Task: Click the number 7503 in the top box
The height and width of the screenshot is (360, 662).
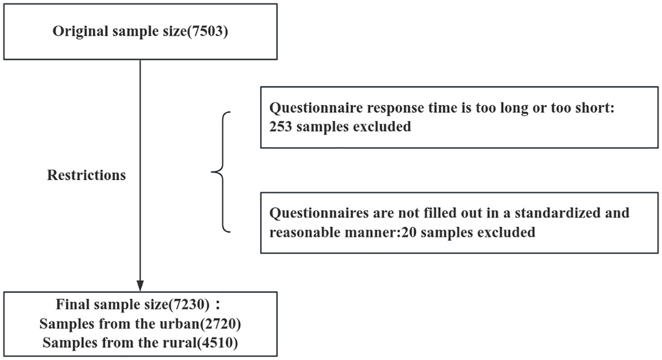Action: pyautogui.click(x=206, y=32)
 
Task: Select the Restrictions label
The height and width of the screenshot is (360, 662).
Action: pyautogui.click(x=87, y=175)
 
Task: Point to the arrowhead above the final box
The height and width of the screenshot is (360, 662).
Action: pyautogui.click(x=140, y=285)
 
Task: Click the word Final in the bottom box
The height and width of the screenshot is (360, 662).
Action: pyautogui.click(x=72, y=305)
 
